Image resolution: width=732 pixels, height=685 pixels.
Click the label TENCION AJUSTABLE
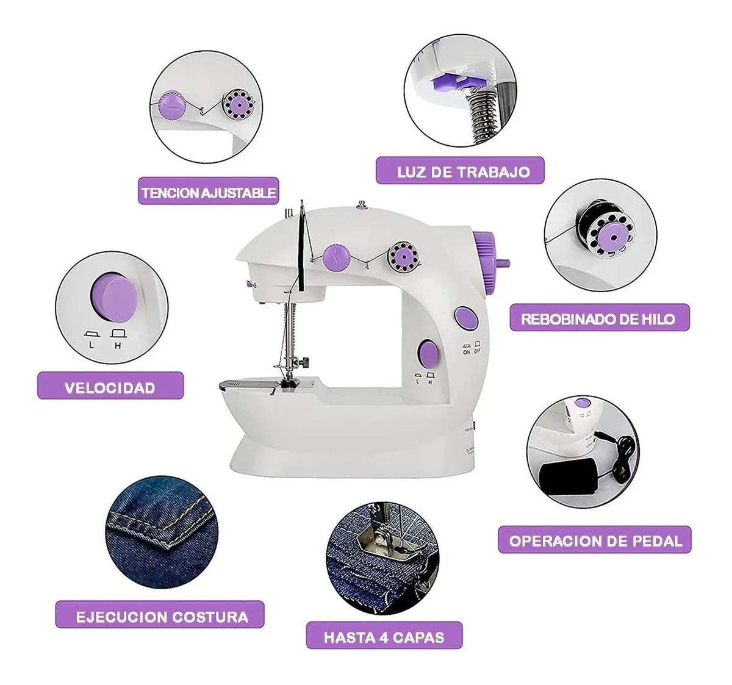[208, 192]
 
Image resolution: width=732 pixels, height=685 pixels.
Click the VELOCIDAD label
[110, 387]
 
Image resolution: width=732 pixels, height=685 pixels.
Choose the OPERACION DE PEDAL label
[595, 540]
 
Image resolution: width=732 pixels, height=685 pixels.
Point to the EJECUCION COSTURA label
[162, 616]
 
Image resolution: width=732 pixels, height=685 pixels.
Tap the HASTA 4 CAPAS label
[384, 637]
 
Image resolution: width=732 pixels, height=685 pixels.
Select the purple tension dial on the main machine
[336, 257]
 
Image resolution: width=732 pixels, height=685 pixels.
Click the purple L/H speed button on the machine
[428, 353]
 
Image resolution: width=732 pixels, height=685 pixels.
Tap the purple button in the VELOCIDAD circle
[113, 297]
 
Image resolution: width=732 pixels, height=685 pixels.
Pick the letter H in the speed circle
[118, 345]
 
